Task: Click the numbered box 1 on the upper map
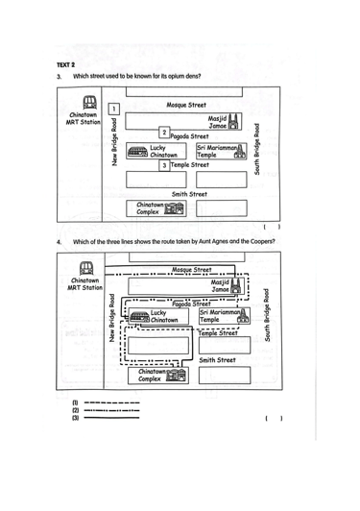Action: (x=113, y=109)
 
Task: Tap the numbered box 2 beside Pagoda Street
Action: (x=164, y=133)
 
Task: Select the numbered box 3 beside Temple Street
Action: (x=164, y=165)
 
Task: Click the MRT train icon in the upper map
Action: (x=89, y=103)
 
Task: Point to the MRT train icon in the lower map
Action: (x=86, y=268)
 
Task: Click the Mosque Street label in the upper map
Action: (x=186, y=105)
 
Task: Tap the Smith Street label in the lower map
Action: (x=217, y=360)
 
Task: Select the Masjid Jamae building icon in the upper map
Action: (x=234, y=122)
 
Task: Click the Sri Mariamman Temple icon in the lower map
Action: (x=244, y=316)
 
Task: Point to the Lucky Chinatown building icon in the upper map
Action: (x=137, y=152)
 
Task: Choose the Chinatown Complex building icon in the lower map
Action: (x=177, y=375)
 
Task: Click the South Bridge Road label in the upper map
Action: (x=256, y=149)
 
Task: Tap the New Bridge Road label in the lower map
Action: (x=112, y=318)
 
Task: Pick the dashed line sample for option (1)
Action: (x=111, y=402)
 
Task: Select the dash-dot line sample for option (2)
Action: (x=111, y=410)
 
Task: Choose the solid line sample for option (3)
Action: (x=111, y=418)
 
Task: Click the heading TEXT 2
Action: (x=66, y=65)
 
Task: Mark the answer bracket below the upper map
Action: (x=272, y=227)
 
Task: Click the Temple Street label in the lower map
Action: (x=218, y=333)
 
